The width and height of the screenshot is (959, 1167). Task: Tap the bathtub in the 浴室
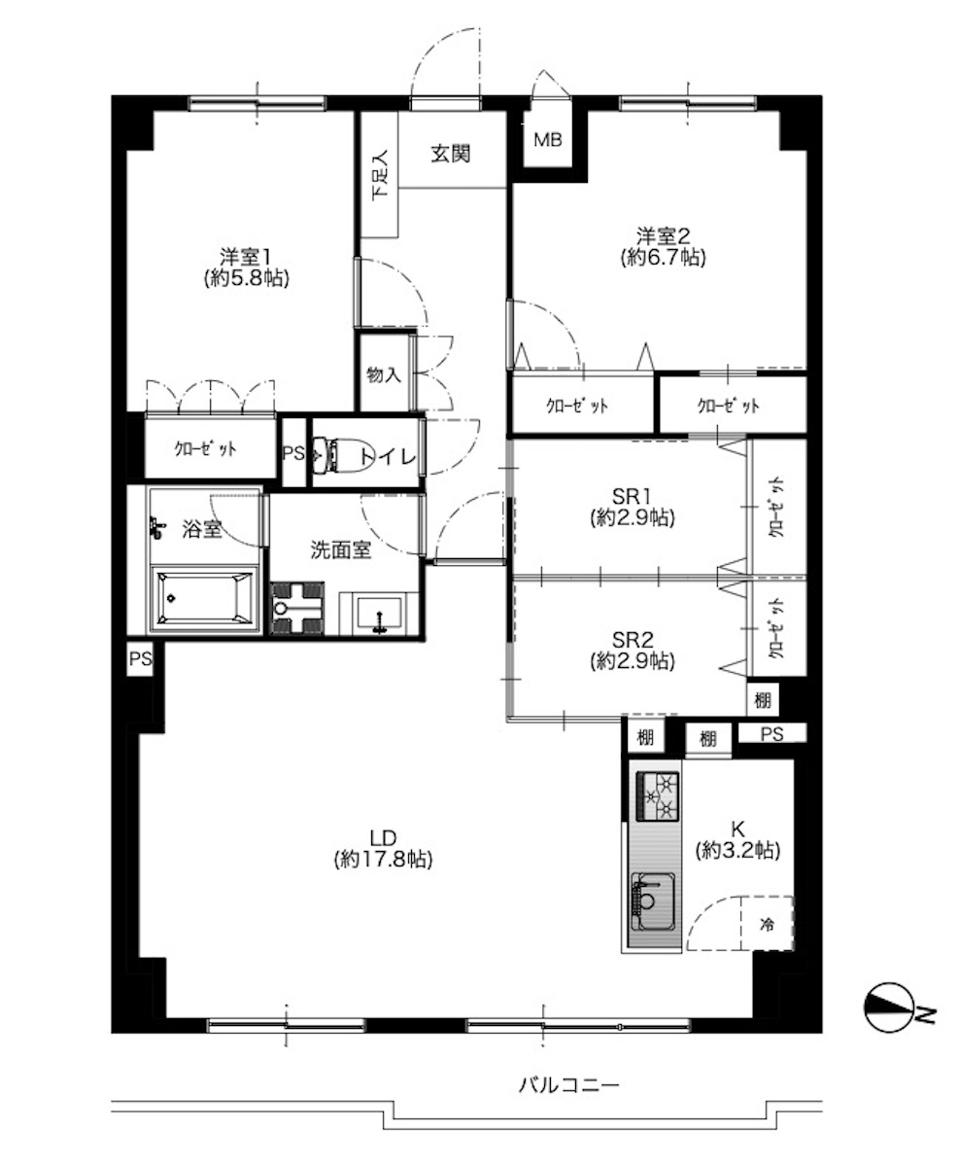[204, 598]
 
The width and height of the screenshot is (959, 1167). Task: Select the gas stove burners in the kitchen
[657, 796]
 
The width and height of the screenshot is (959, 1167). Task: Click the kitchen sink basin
[653, 902]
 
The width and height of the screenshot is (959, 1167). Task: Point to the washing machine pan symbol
[297, 608]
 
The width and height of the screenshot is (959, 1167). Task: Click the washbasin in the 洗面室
[379, 614]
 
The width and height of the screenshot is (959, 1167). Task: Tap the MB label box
[547, 140]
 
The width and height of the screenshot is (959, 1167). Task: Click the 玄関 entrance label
[451, 154]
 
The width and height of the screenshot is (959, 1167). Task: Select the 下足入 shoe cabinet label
[380, 175]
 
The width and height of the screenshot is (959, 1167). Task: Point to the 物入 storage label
[384, 375]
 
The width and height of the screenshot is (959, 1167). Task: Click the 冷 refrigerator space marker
[767, 924]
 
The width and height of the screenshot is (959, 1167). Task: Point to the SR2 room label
[633, 640]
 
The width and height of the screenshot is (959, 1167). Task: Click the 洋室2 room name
[663, 236]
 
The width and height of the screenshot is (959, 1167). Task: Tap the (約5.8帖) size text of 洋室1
[247, 278]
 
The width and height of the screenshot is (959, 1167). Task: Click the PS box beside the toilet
[294, 453]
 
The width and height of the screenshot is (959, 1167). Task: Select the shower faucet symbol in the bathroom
[156, 527]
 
